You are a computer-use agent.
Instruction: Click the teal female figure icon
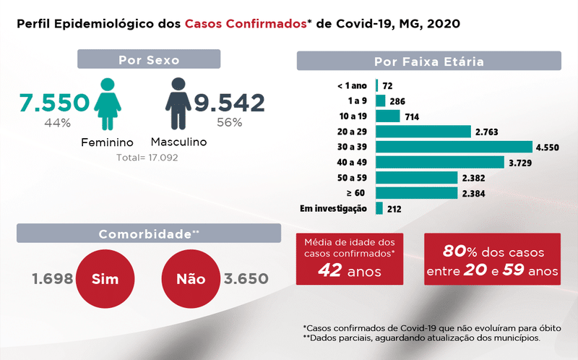point(108,104)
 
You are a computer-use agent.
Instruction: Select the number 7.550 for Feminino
point(55,103)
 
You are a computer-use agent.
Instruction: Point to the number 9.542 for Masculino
point(229,103)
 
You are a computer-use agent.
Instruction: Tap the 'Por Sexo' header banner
point(149,59)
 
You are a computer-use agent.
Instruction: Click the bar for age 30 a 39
point(454,147)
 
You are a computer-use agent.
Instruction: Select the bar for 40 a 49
point(439,163)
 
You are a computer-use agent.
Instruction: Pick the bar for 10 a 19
point(387,116)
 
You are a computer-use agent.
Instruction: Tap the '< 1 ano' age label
point(352,85)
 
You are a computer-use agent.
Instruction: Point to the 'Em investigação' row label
point(335,209)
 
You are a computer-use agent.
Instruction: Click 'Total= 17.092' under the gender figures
point(147,157)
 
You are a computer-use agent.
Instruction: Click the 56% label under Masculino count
point(229,123)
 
